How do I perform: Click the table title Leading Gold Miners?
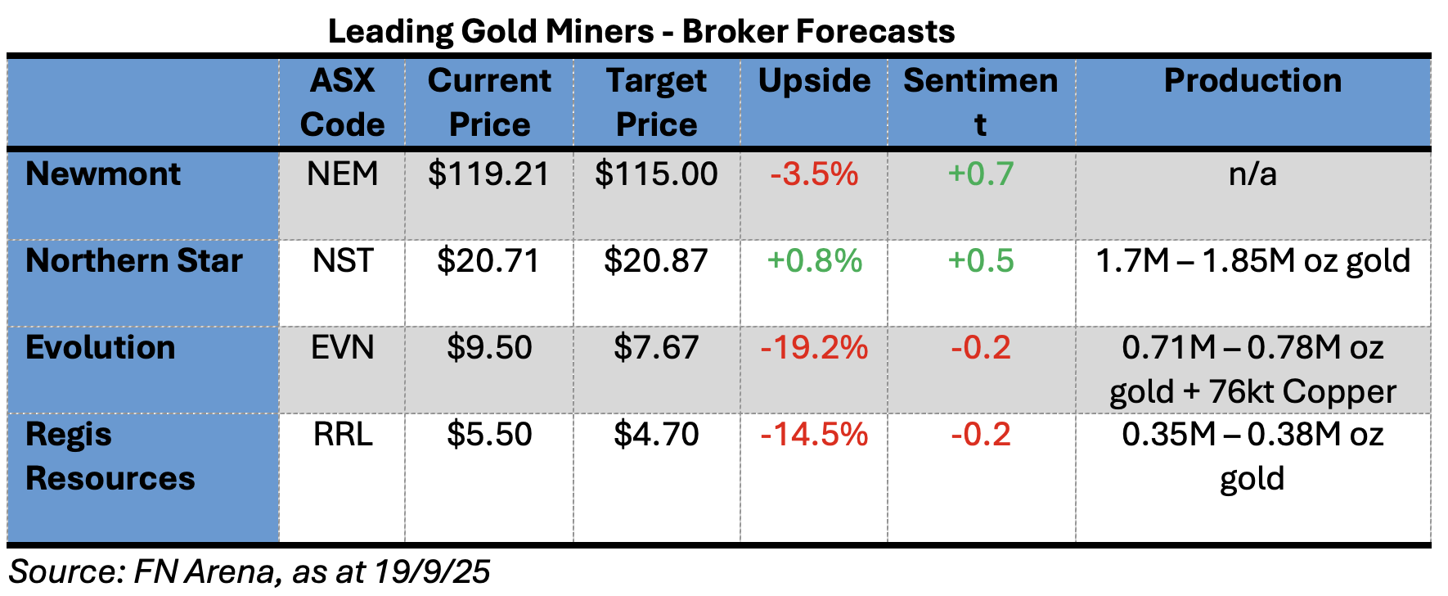[x=641, y=32]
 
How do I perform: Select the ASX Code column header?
[x=342, y=102]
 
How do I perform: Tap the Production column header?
[x=1252, y=81]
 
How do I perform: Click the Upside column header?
[x=814, y=81]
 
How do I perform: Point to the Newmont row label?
[x=103, y=174]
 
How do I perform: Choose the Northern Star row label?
[x=134, y=261]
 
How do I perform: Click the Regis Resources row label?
[x=110, y=456]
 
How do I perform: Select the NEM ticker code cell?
[x=342, y=174]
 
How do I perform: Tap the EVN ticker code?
[x=342, y=348]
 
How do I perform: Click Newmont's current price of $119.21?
[x=488, y=174]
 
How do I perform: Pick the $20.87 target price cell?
[x=656, y=261]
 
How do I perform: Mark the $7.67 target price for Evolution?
[x=656, y=348]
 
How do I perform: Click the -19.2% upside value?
[x=814, y=348]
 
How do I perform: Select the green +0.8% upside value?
[x=814, y=261]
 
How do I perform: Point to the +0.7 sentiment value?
[x=980, y=174]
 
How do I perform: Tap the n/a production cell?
[x=1252, y=174]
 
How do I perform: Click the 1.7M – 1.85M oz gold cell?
[x=1252, y=261]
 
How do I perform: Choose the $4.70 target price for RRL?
[x=656, y=435]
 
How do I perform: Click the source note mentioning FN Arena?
[x=250, y=571]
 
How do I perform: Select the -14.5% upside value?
[x=814, y=435]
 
